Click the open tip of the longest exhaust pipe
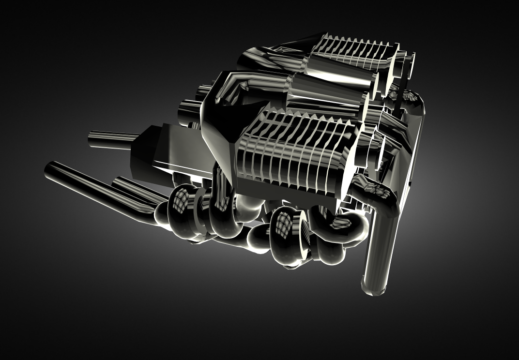tap(50, 170)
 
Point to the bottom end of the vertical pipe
tap(373, 287)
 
